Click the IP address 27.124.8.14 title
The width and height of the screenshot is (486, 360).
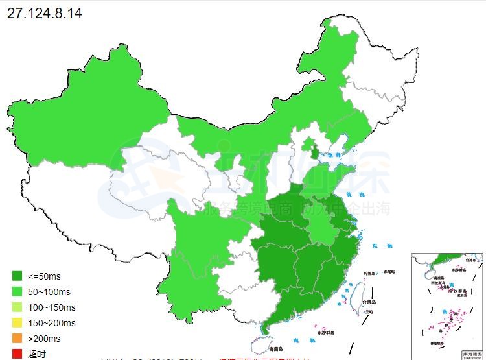(44, 13)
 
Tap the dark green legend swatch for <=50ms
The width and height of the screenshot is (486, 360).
(17, 277)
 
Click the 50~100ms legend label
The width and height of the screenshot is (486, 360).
(49, 293)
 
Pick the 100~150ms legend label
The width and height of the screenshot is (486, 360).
(51, 307)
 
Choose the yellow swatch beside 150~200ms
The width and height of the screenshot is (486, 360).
(17, 323)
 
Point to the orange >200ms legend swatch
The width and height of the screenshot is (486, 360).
(17, 339)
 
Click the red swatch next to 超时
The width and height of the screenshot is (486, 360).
(17, 354)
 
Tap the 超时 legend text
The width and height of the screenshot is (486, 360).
(37, 354)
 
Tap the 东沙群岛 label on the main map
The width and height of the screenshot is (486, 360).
(326, 332)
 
